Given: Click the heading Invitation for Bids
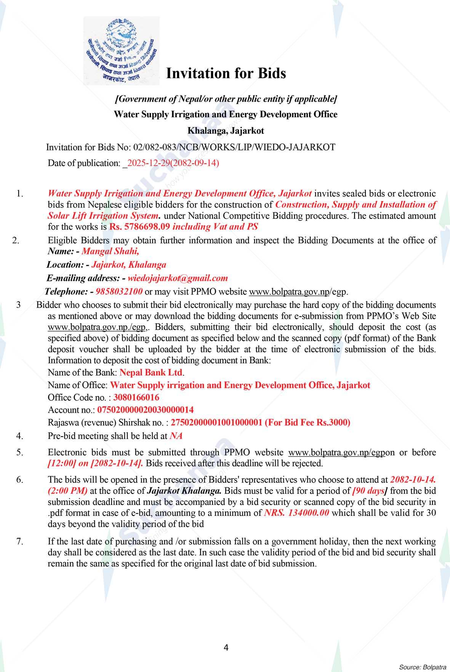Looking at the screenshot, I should point(226,73).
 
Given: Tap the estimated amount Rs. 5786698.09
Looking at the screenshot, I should point(139,227).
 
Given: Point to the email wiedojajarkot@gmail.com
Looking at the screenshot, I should point(178,278).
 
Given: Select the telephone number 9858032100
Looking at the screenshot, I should point(119,292).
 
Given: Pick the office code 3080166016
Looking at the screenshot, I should point(136,397).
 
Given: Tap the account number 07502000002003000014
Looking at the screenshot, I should point(146,410).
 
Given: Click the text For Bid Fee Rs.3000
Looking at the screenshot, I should point(307,423).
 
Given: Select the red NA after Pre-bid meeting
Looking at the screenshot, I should point(176,436).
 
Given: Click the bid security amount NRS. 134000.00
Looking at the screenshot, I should point(296,513).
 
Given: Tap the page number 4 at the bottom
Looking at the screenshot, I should point(226,648).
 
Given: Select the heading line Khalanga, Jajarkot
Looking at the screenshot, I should point(226,131).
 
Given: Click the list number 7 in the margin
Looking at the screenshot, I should point(20,541).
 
